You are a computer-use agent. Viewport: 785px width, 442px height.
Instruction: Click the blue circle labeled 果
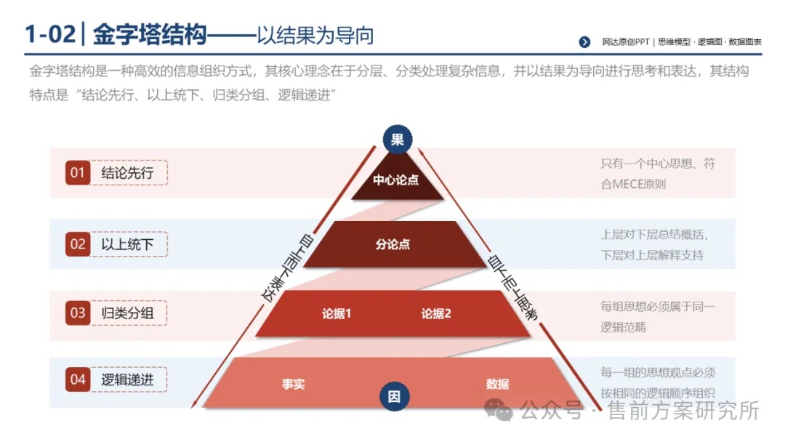coord(398,139)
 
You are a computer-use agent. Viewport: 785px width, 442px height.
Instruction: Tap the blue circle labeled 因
coord(395,396)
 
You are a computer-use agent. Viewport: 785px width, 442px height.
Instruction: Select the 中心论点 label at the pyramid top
coord(396,180)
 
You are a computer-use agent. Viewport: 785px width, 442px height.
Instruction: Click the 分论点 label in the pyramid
coord(393,244)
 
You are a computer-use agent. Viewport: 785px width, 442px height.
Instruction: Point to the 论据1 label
coord(337,314)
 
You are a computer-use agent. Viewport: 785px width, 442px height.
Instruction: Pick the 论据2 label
coord(436,314)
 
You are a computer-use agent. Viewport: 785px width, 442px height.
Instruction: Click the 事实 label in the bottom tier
coord(294,384)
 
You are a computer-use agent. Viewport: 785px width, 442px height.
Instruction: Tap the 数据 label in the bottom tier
coord(498,384)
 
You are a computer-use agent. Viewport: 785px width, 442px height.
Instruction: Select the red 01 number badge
coord(78,173)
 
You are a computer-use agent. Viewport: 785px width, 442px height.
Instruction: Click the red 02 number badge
coord(78,244)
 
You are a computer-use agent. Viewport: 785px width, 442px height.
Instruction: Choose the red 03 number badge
coord(78,313)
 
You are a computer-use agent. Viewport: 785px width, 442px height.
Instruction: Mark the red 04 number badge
coord(78,379)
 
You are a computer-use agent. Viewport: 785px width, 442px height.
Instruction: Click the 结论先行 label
coord(127,173)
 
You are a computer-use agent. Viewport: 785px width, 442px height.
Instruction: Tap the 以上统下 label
coord(127,245)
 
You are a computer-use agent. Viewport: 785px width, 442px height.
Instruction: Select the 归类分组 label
coord(127,313)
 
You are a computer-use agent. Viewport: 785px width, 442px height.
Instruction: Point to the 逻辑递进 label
coord(127,380)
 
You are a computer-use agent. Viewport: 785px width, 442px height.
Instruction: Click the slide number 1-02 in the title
coord(50,35)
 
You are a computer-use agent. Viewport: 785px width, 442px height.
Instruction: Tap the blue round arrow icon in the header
coord(584,42)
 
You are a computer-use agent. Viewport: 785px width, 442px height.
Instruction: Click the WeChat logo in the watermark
coord(498,410)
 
